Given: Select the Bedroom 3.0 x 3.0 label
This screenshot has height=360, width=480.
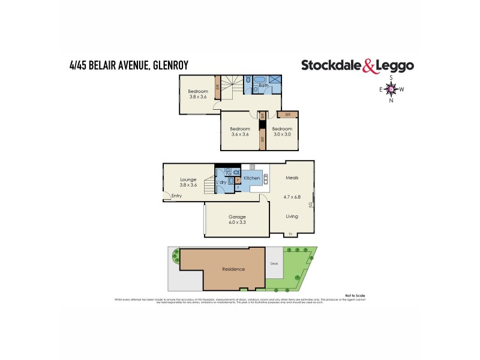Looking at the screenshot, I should click(x=282, y=131).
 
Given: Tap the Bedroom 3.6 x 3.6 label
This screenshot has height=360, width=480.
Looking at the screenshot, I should click(x=240, y=131).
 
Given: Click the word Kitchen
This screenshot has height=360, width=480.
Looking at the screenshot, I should click(x=251, y=179).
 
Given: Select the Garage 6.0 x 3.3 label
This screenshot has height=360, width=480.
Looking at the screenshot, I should click(x=237, y=220).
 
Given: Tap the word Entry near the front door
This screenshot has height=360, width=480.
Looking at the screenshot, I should click(x=176, y=196).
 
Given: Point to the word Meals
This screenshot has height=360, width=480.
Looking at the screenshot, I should click(x=292, y=178).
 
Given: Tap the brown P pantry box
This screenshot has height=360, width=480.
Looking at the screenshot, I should click(x=238, y=179).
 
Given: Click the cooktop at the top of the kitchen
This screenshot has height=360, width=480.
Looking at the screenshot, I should click(x=252, y=166).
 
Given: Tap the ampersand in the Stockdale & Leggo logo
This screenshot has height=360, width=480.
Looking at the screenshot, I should click(x=370, y=66).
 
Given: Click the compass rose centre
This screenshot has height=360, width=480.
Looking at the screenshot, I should click(x=391, y=89).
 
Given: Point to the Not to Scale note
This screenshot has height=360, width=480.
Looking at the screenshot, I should click(x=355, y=296).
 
